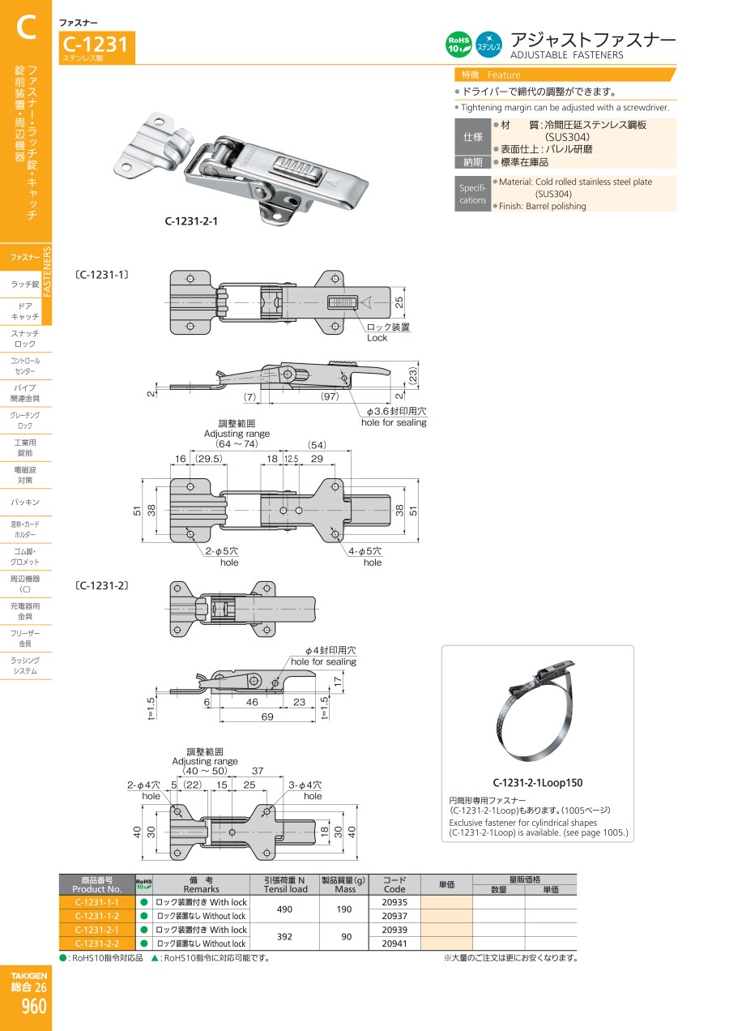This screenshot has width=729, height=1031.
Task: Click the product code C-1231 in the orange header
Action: coord(96,45)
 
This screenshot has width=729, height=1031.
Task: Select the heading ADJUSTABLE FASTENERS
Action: coord(566,55)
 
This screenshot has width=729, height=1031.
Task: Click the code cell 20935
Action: coord(394,902)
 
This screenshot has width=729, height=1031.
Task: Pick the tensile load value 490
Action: coord(285,909)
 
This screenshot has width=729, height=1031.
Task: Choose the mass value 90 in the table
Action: coord(344,937)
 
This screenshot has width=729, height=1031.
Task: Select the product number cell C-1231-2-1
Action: coord(96,930)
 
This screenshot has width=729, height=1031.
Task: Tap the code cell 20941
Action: coord(394,943)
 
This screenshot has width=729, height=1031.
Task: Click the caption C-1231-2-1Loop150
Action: coord(537,783)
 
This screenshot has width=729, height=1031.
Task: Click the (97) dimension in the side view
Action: coord(329,396)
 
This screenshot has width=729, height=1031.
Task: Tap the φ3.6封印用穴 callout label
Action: coord(394,412)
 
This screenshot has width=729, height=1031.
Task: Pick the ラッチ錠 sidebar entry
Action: coord(25,284)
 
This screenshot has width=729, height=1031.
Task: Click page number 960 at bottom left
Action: coord(35,1007)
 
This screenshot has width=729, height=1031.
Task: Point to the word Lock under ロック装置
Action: coord(377,338)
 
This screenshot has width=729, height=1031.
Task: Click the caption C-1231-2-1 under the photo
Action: coord(192,220)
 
